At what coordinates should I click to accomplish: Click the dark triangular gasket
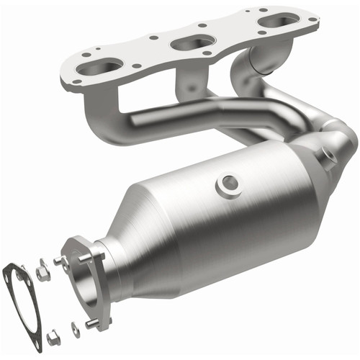(x=27, y=303)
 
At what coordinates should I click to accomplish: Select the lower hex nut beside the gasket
(x=53, y=336)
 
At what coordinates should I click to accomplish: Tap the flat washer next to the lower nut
(x=75, y=328)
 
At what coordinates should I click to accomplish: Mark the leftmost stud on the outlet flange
(x=60, y=262)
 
